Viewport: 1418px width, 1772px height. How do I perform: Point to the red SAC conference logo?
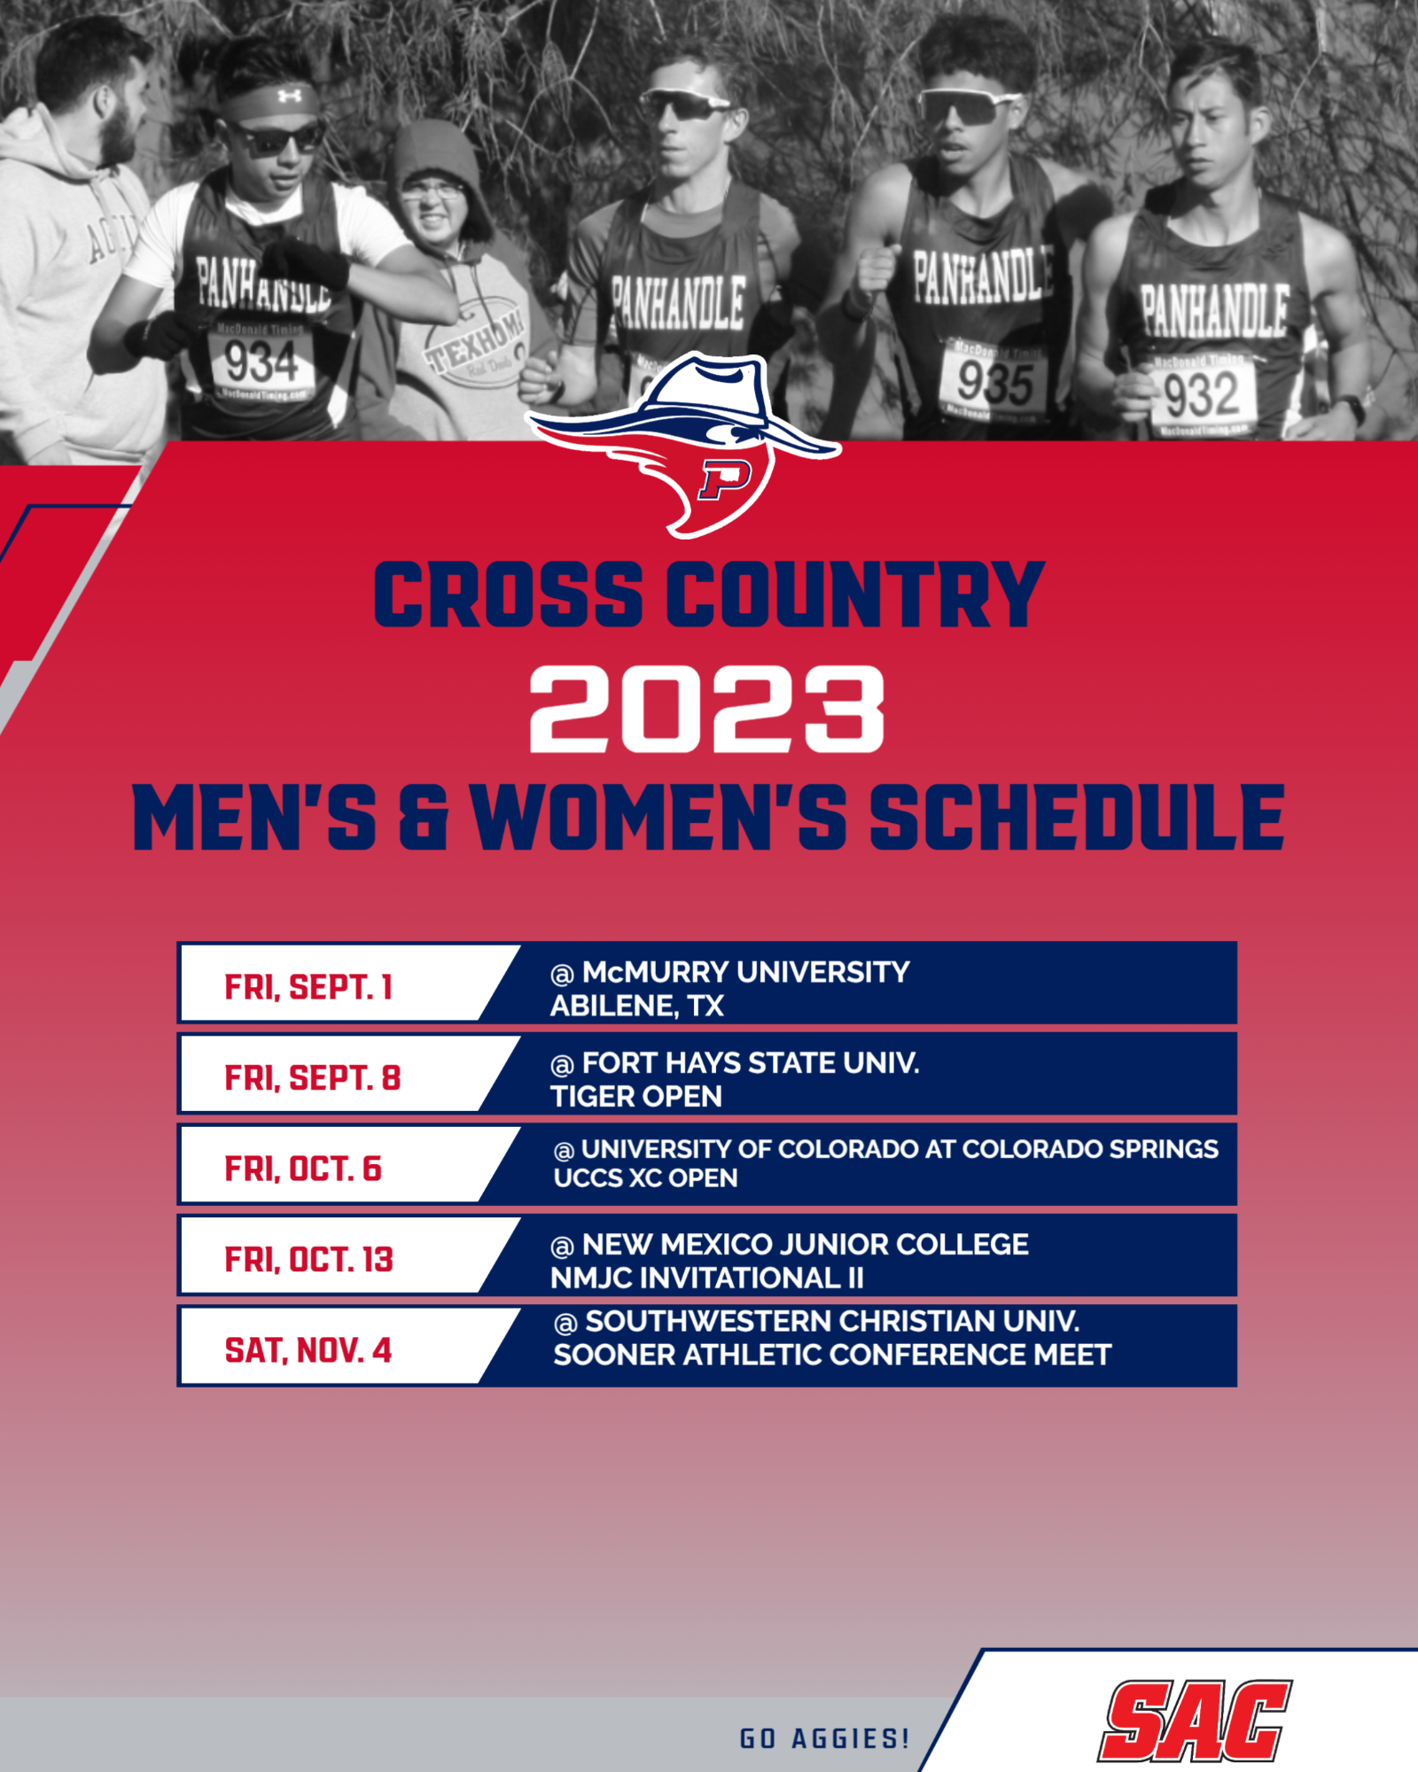click(x=1195, y=1721)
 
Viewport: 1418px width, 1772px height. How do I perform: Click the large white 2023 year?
click(x=707, y=711)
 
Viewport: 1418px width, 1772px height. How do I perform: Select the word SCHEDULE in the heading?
click(x=1077, y=819)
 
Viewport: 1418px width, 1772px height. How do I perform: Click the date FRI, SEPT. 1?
click(x=308, y=987)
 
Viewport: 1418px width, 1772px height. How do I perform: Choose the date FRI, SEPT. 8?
click(x=313, y=1078)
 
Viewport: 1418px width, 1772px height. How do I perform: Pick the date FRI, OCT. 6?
click(x=303, y=1169)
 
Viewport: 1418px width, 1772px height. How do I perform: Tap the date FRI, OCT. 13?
click(x=308, y=1260)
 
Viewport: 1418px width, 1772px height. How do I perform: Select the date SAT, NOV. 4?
click(x=308, y=1350)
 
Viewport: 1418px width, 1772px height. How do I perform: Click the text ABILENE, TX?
click(x=637, y=1006)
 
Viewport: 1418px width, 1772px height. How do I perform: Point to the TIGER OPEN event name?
click(x=636, y=1097)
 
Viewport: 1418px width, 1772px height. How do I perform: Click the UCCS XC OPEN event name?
click(x=646, y=1178)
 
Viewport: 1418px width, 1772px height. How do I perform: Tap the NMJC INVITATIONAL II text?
click(x=706, y=1278)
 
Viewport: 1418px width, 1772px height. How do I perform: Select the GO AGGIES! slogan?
click(x=824, y=1738)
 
